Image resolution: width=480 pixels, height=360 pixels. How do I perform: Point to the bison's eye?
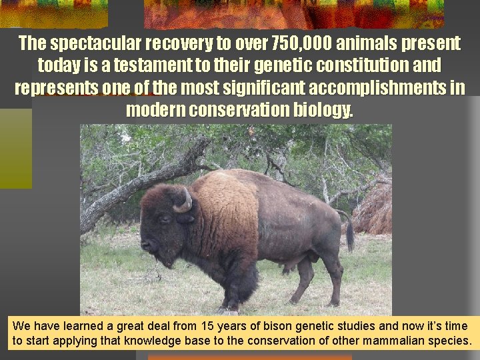164,218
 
